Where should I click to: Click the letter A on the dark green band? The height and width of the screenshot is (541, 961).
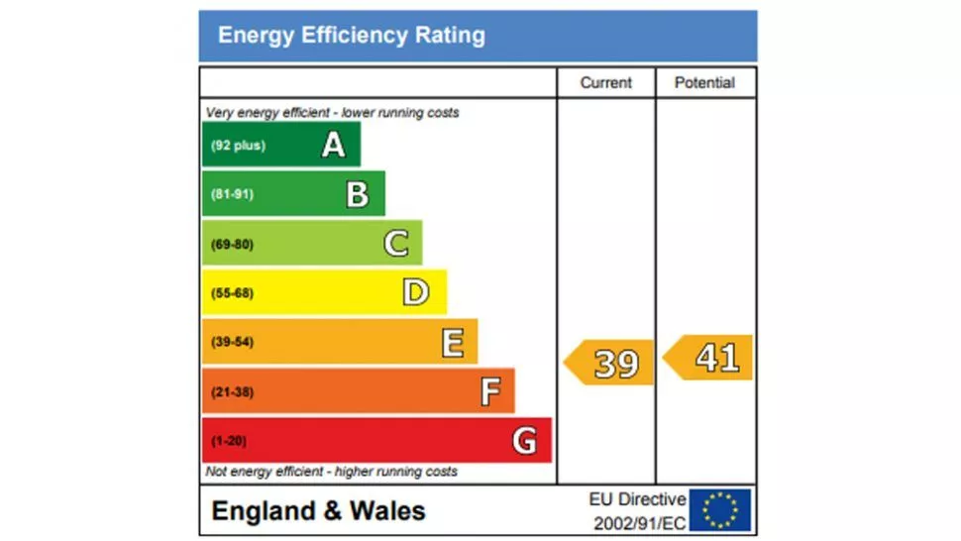pos(334,146)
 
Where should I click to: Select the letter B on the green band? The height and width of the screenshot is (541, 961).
pos(358,194)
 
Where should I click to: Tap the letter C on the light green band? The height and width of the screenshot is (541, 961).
pos(395,244)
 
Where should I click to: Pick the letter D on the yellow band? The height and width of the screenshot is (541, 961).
pos(416,292)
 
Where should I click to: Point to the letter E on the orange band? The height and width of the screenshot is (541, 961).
pos(452,343)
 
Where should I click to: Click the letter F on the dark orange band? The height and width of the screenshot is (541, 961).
pos(489,392)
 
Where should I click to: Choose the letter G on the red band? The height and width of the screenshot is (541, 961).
pos(524,440)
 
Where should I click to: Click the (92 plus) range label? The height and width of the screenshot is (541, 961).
pos(237,146)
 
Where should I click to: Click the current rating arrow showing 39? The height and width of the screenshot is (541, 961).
pos(610,363)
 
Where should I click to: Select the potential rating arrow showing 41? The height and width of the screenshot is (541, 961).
pos(709,358)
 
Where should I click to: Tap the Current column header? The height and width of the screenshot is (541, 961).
pos(605,83)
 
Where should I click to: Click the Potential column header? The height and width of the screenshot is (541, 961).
pos(704,83)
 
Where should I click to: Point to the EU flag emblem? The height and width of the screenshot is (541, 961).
pos(720,510)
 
